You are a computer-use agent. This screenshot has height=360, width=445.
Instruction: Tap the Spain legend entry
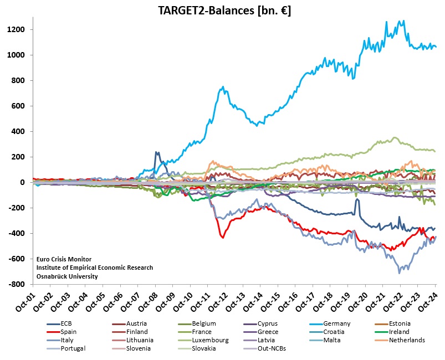[x=69, y=332]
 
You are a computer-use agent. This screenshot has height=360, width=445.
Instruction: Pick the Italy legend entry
[x=68, y=340]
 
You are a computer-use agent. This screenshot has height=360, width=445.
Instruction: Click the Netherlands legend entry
[x=407, y=340]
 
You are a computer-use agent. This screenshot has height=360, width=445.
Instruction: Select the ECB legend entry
[x=67, y=323]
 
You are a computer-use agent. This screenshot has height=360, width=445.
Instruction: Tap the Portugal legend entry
[x=73, y=348]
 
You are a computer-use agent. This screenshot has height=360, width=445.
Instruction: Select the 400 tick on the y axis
[x=24, y=131]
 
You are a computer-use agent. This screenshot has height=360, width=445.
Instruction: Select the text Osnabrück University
[x=67, y=276]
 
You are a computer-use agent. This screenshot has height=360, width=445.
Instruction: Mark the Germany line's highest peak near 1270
[x=403, y=21]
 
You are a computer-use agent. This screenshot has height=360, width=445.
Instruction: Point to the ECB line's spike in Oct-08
[x=157, y=152]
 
